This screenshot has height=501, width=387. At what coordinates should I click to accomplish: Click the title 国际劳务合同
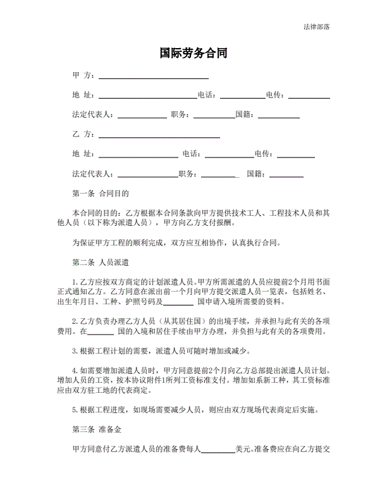(x=193, y=54)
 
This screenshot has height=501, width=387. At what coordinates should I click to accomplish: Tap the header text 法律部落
(x=316, y=27)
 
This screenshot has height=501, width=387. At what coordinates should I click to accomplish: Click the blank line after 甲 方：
(x=154, y=77)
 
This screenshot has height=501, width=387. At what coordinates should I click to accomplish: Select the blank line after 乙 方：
(x=159, y=135)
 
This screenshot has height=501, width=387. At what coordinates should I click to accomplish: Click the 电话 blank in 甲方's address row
(x=242, y=96)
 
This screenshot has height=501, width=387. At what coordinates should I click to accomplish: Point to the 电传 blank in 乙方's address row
(x=296, y=154)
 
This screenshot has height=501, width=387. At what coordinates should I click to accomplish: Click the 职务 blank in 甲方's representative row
(x=214, y=116)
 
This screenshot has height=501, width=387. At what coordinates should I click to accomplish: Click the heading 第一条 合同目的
(x=101, y=194)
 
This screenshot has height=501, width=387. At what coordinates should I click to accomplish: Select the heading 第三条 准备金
(x=97, y=430)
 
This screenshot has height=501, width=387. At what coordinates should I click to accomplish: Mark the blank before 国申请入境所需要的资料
(x=182, y=302)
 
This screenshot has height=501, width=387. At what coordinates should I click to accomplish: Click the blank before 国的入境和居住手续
(x=100, y=331)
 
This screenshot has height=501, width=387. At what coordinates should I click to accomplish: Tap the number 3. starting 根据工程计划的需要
(x=75, y=350)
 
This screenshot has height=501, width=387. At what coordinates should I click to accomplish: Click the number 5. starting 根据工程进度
(x=75, y=410)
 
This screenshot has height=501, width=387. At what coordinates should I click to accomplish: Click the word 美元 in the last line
(x=242, y=449)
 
